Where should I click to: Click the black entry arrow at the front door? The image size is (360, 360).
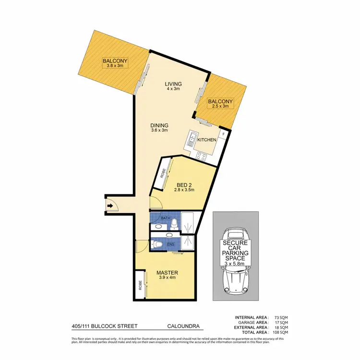coord(110,206)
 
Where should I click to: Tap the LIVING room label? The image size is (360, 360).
coord(174,84)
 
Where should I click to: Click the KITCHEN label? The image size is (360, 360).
coord(207,140)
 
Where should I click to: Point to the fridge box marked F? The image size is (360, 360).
coord(223,135)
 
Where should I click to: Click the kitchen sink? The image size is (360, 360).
coord(191,139)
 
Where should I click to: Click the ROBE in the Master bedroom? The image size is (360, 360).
coord(140,289)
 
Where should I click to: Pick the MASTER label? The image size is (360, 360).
coord(167,273)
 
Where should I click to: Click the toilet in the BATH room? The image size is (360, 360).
coord(176,223)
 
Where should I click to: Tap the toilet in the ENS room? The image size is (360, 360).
coord(159,245)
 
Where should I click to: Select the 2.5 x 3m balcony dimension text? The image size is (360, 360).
coord(220,107)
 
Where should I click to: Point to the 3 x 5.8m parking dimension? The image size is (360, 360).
coord(235,264)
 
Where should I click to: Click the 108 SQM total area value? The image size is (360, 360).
coord(279,332)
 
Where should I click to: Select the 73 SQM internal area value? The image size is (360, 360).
coord(280,318)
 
